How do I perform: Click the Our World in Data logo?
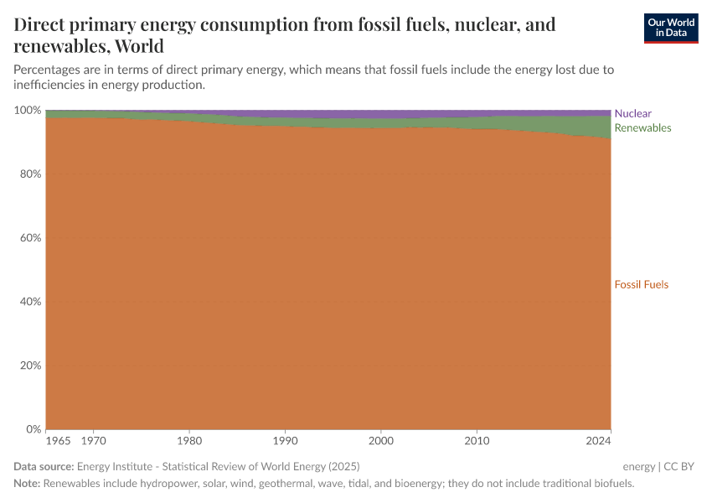pyautogui.click(x=670, y=29)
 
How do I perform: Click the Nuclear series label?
pyautogui.click(x=632, y=113)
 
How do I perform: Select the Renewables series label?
pyautogui.click(x=642, y=128)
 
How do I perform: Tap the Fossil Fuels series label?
pyautogui.click(x=642, y=284)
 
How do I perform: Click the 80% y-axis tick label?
pyautogui.click(x=30, y=174)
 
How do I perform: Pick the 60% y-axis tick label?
pyautogui.click(x=30, y=238)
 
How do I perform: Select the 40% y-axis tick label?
pyautogui.click(x=30, y=302)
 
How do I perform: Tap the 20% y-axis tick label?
pyautogui.click(x=30, y=366)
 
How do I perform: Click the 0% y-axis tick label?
pyautogui.click(x=33, y=429)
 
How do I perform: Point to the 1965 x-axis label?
pyautogui.click(x=59, y=440)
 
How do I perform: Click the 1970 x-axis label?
pyautogui.click(x=94, y=440)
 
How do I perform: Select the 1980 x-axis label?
pyautogui.click(x=189, y=440)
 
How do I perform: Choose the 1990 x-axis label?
pyautogui.click(x=286, y=440)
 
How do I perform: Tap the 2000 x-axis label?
pyautogui.click(x=381, y=440)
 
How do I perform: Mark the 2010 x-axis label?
pyautogui.click(x=477, y=440)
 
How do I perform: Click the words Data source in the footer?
pyautogui.click(x=44, y=466)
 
